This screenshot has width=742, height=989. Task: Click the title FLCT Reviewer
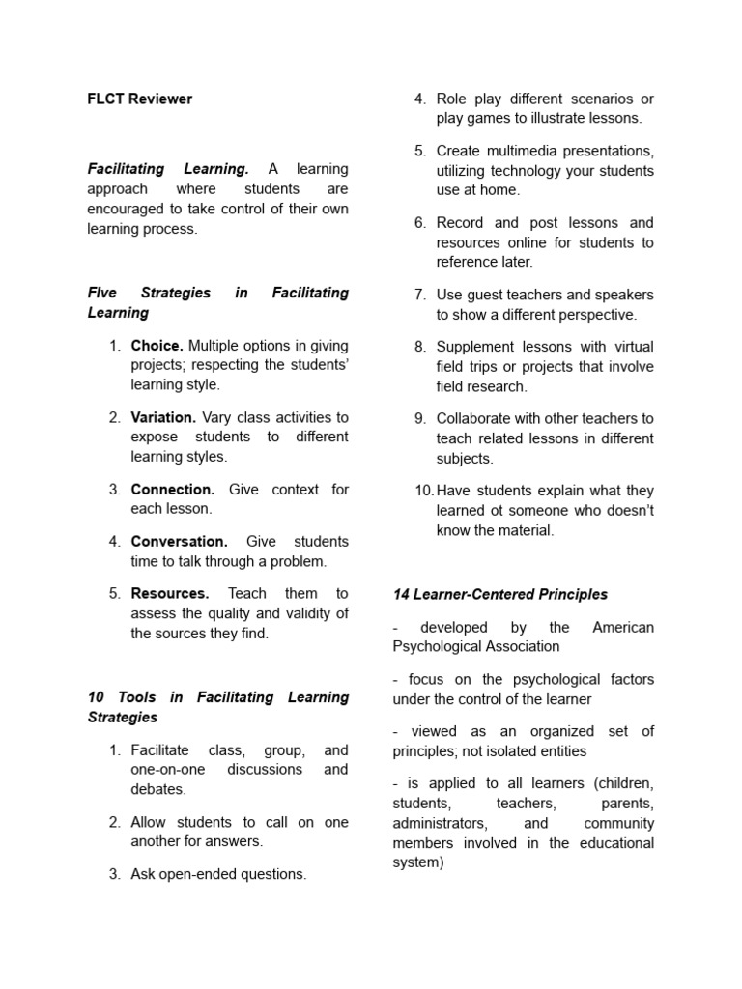coord(140,99)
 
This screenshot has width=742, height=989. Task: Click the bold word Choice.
coord(157,345)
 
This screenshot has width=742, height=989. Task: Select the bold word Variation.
coord(164,417)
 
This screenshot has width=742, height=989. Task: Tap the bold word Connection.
coord(173,490)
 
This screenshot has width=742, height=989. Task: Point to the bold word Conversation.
coord(180,542)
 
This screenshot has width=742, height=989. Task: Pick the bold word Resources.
coord(170,593)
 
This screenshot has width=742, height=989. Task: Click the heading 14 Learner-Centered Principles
coord(500,594)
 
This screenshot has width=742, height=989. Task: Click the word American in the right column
coord(623,627)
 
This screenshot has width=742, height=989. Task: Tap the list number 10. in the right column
coord(424,490)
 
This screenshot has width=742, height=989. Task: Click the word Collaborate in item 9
coord(475,418)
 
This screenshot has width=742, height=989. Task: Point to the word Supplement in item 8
coord(477,346)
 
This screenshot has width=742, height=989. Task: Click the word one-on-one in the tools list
coord(168,770)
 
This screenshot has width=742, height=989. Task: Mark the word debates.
coord(158,789)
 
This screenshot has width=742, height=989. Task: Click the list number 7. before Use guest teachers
coord(420,295)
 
